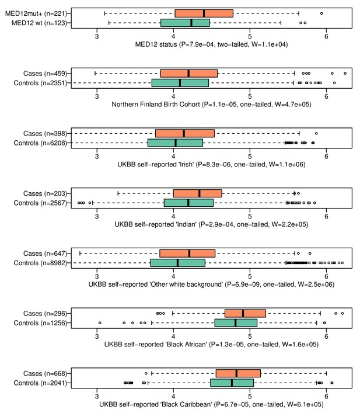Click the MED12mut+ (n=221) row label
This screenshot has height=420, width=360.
(x=36, y=13)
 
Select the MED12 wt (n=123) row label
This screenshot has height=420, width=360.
(x=39, y=23)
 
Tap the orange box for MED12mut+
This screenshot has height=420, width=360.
(x=204, y=13)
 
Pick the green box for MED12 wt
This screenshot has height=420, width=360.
(x=185, y=23)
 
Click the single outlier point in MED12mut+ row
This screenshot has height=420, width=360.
(x=321, y=13)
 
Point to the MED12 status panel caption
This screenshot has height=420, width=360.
(x=211, y=44)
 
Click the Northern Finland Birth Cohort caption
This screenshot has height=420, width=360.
(x=211, y=105)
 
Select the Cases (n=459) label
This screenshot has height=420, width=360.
(x=45, y=74)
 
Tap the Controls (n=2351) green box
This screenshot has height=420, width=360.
(x=180, y=83)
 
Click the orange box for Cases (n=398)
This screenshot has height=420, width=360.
(x=185, y=133)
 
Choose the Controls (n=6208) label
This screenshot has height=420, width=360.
(x=40, y=143)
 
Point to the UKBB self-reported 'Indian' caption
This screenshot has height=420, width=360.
(x=211, y=224)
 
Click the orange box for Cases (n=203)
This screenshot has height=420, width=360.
(x=197, y=193)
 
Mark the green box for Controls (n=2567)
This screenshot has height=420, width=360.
(x=189, y=203)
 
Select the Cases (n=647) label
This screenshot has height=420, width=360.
(x=45, y=254)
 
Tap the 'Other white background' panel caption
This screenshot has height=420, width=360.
(x=211, y=284)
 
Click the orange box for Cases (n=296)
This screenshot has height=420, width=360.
(x=245, y=313)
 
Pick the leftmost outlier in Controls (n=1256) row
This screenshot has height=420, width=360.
(x=100, y=323)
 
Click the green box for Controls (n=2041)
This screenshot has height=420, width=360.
(x=232, y=383)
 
